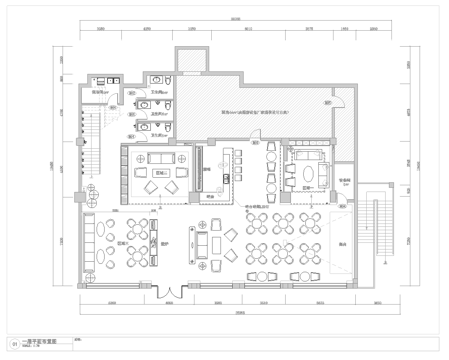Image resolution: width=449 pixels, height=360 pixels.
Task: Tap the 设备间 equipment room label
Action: pos(344,181)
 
